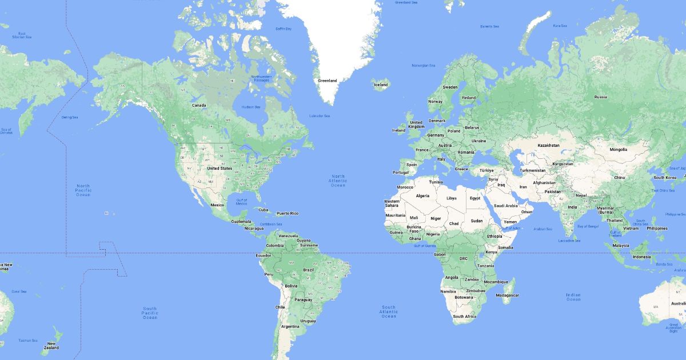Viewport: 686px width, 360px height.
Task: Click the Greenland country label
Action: (328, 81)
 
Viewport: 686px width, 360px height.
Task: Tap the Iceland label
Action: (381, 85)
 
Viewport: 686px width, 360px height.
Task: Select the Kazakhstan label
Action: (548, 145)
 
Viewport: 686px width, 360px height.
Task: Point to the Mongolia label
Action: (618, 150)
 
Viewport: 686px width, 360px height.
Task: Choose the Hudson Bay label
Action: (251, 107)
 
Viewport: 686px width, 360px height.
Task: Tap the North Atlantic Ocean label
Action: (338, 181)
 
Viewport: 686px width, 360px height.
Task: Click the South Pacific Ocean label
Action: (150, 313)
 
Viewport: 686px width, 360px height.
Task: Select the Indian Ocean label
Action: (573, 297)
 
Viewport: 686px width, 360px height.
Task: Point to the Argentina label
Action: (290, 326)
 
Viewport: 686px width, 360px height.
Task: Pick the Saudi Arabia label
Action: (505, 206)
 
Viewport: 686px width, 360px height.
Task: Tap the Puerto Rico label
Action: (287, 213)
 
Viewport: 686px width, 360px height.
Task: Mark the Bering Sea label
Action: (70, 117)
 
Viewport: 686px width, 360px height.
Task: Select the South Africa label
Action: (464, 316)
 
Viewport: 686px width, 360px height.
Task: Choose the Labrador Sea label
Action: (319, 116)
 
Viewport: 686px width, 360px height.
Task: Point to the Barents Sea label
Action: (489, 26)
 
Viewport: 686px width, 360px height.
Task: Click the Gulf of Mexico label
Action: (241, 202)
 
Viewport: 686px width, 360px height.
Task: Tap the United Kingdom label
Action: (416, 124)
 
